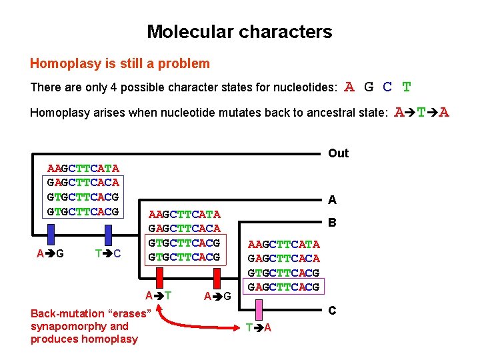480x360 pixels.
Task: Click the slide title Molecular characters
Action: (239, 31)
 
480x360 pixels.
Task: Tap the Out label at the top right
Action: (338, 153)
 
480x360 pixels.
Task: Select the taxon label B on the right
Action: (332, 225)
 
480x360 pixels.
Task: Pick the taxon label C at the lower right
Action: (332, 311)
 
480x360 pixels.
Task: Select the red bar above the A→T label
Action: (159, 278)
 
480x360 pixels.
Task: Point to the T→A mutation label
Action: (258, 327)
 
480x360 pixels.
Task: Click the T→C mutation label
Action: (108, 254)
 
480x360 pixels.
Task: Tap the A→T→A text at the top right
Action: (422, 112)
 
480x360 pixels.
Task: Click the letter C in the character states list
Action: (387, 87)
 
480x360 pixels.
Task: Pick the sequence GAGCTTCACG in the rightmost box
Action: (283, 287)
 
